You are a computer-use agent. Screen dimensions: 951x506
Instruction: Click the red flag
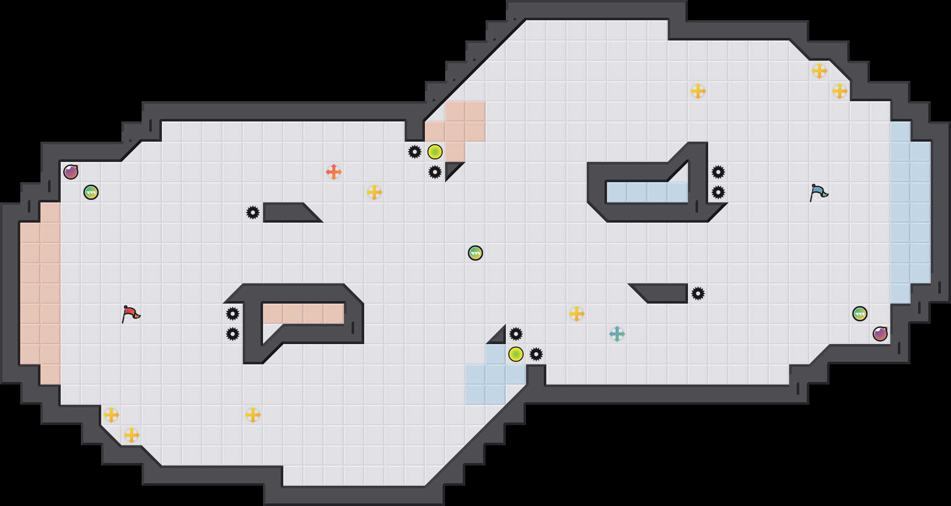[131, 314]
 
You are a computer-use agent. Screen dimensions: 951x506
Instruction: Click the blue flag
[818, 192]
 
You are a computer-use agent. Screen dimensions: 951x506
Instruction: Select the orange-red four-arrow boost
[333, 172]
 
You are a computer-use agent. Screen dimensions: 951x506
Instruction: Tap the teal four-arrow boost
[617, 334]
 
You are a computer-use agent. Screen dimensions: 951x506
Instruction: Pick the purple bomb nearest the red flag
[71, 172]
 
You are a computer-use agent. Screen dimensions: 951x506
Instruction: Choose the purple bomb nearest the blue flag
[880, 334]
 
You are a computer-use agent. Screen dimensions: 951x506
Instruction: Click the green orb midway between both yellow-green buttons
[475, 253]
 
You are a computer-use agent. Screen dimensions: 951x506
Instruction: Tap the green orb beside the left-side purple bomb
[91, 192]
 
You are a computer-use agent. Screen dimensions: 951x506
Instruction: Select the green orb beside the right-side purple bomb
[859, 314]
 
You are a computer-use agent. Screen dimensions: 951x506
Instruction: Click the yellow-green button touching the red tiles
[435, 152]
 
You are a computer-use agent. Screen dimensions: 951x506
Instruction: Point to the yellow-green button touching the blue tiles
[515, 354]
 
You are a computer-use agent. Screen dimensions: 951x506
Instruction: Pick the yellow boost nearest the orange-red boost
[374, 192]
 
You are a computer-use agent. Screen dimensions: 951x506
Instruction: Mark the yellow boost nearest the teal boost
[576, 314]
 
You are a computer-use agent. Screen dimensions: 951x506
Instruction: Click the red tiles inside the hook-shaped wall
[303, 314]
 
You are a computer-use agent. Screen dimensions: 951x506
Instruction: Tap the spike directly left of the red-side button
[414, 152]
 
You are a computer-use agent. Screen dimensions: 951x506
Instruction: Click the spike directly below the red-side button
[435, 172]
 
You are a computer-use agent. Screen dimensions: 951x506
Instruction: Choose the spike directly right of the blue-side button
[536, 354]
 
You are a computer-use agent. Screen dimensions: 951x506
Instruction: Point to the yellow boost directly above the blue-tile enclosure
[698, 91]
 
